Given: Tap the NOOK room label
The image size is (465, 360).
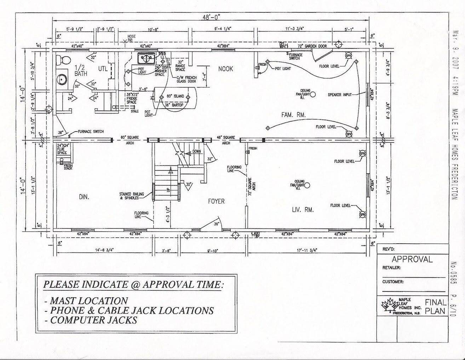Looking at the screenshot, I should [x=225, y=69].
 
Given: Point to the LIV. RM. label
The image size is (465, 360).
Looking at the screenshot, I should [x=303, y=210].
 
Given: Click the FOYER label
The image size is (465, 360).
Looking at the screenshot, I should [x=216, y=201].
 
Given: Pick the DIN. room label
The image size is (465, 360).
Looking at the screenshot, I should [x=84, y=197].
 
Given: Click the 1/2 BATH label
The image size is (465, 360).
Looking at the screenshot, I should [x=81, y=70].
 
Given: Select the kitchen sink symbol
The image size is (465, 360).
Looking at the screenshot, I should [x=145, y=57].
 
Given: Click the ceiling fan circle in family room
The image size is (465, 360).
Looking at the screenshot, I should [x=312, y=94].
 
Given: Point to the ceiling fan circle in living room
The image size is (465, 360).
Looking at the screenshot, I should [x=307, y=185].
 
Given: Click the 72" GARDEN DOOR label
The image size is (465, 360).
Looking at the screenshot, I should [x=312, y=46].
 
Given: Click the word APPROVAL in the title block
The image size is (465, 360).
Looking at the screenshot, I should [x=412, y=259].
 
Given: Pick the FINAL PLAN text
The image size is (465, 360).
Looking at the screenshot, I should [x=435, y=307].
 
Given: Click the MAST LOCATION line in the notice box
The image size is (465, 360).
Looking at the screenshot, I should [x=88, y=301].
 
